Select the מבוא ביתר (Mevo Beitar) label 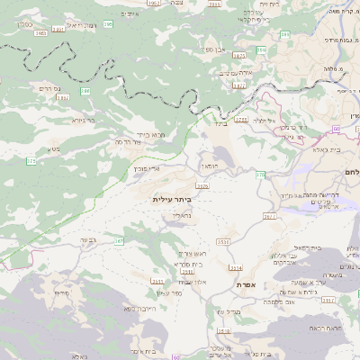[149, 134]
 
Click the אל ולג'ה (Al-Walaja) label [264, 120]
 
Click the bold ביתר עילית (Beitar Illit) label [172, 199]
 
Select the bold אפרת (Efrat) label [247, 284]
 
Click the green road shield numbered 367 [118, 241]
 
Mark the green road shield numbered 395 [107, 24]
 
